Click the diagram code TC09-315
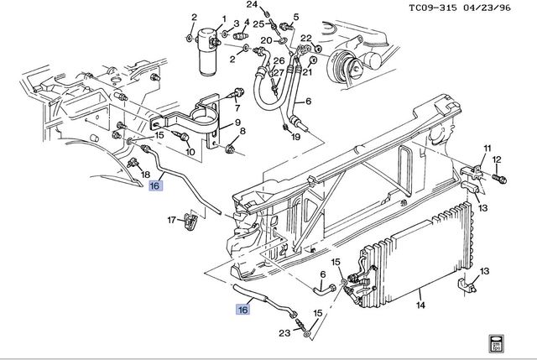click(433, 8)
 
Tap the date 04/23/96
click(487, 8)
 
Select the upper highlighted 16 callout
click(154, 185)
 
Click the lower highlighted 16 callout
click(242, 310)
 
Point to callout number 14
click(420, 305)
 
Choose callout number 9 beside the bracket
click(237, 123)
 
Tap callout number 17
click(171, 220)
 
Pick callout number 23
click(284, 332)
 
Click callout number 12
click(497, 159)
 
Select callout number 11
click(487, 149)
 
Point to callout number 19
click(295, 137)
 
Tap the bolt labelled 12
click(500, 179)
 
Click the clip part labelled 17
click(190, 221)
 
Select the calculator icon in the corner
click(496, 343)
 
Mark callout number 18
click(145, 175)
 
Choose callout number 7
click(237, 108)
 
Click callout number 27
click(279, 73)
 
